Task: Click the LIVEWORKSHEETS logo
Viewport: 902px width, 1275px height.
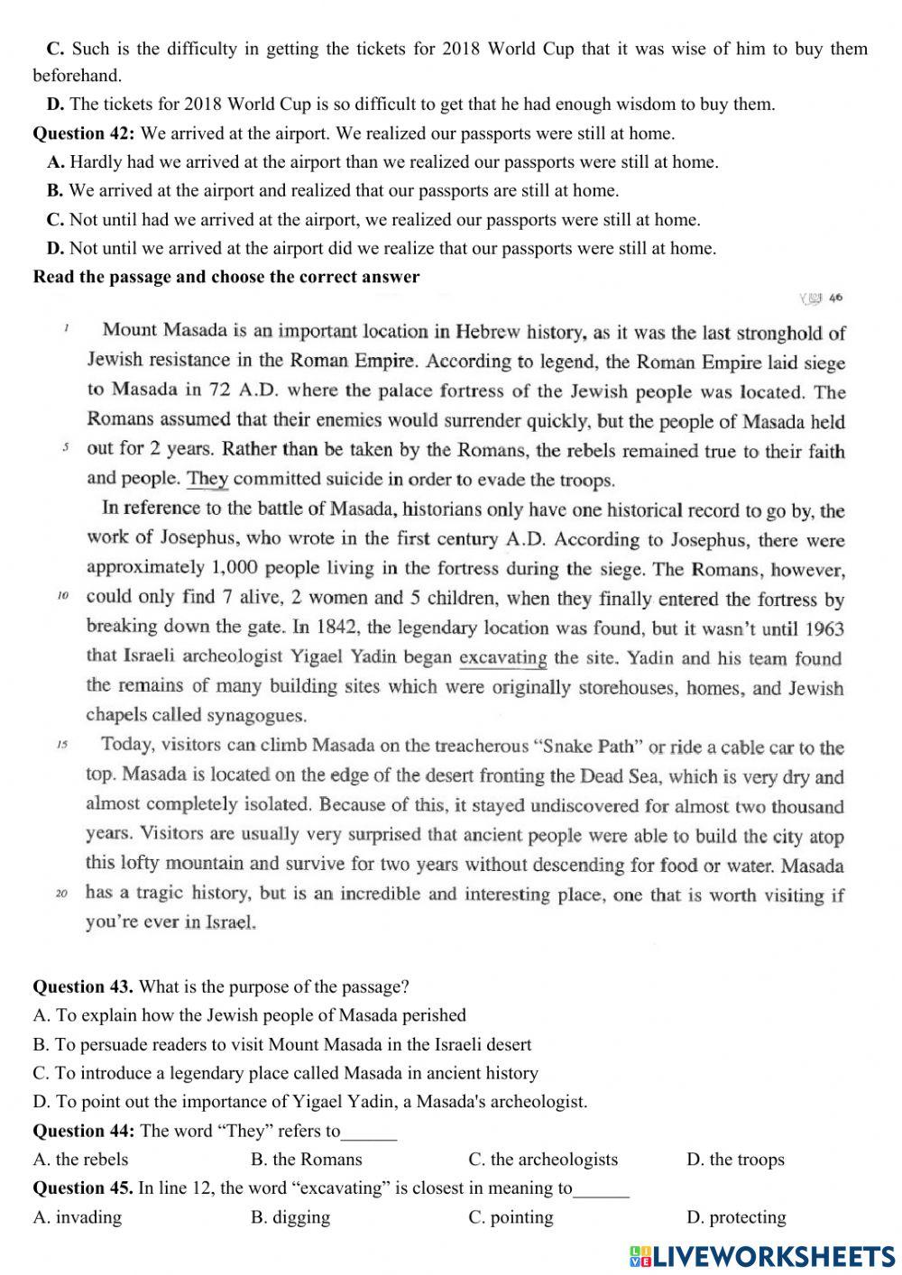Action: [762, 1256]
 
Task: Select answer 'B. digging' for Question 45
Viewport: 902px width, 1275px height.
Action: [290, 1217]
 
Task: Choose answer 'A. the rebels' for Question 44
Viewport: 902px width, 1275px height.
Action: [80, 1160]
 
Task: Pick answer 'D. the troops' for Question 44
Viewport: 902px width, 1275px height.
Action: [735, 1160]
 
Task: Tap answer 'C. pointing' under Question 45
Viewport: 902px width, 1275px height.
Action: [511, 1217]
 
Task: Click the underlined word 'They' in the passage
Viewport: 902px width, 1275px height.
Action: [207, 479]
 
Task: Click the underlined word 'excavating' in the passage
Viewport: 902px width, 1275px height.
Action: [503, 657]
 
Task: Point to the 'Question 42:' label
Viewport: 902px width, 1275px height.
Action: [84, 133]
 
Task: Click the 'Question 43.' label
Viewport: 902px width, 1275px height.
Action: [83, 986]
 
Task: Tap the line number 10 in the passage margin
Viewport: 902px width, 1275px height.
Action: [62, 597]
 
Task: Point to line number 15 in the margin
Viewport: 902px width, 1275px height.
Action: [62, 746]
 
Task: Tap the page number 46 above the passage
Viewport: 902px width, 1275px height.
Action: [835, 298]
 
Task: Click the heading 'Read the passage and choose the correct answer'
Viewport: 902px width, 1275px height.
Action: [226, 277]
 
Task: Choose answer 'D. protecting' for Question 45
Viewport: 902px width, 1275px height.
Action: [736, 1217]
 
